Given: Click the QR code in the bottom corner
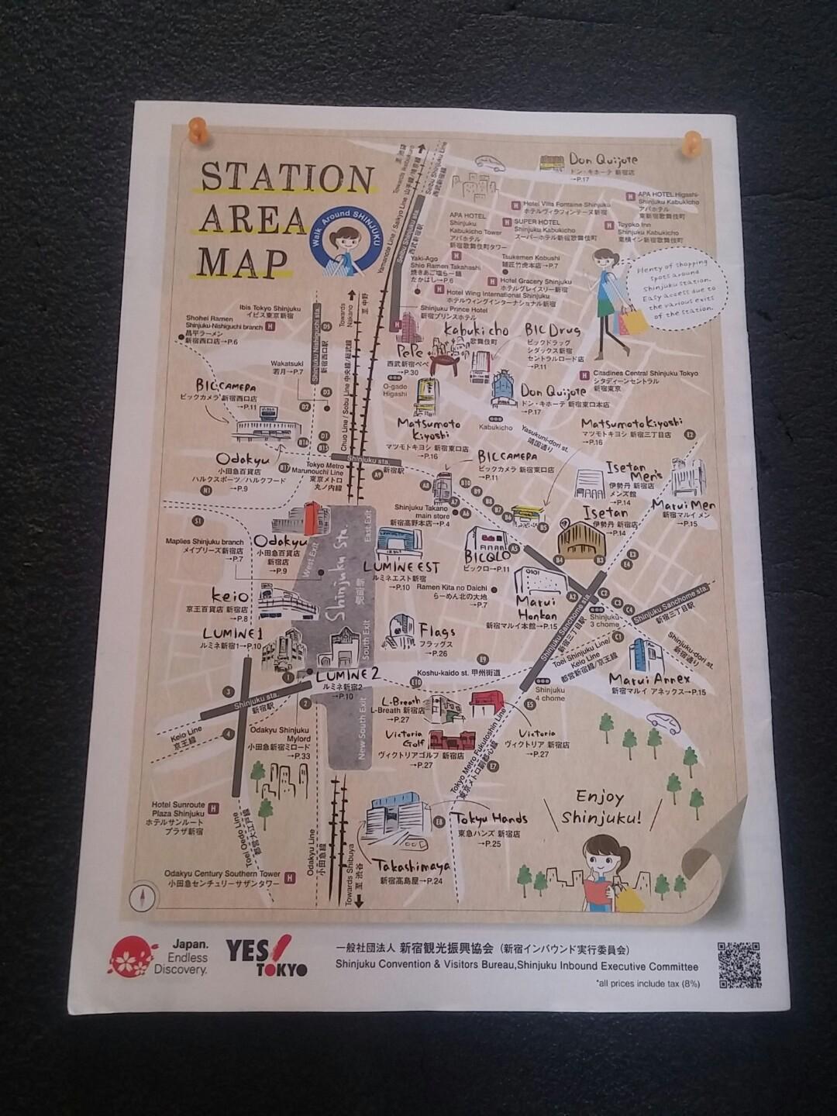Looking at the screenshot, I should (738, 964).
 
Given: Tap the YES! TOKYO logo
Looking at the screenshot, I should (266, 958).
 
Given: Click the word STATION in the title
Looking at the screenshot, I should (287, 179).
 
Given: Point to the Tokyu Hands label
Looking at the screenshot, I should (491, 818).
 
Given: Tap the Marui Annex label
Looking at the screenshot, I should (649, 680).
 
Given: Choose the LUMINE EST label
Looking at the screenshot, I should (401, 568).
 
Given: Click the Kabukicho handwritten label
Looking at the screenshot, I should (476, 331).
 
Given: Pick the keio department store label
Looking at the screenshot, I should (230, 596).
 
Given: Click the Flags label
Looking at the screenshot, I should (437, 632).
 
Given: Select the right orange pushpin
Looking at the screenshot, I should (691, 143).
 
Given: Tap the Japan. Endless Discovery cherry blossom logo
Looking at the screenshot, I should (133, 958).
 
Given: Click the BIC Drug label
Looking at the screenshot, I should (553, 331).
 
